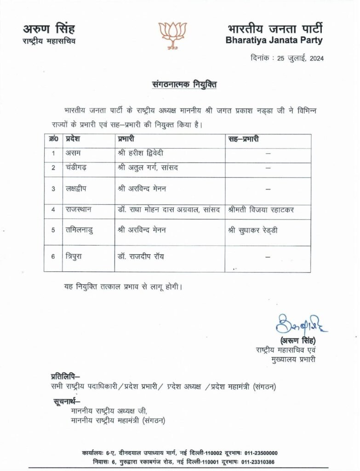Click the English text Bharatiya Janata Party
point(274,40)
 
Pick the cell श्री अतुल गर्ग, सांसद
point(148,168)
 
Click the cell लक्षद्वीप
point(78,189)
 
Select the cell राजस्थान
point(79,210)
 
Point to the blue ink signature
point(301,324)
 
